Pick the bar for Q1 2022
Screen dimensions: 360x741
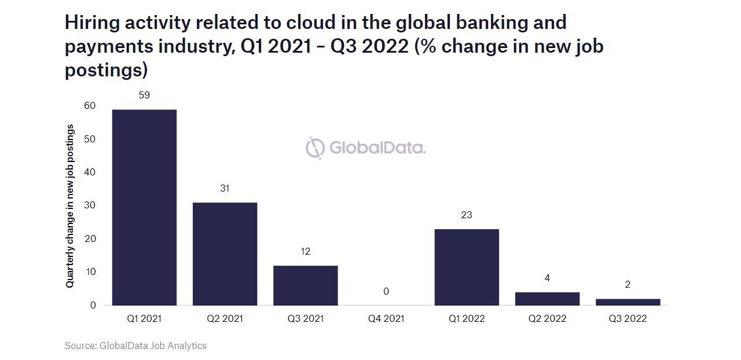(467, 267)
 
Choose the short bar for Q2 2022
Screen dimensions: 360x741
(547, 299)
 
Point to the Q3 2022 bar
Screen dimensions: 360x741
(628, 302)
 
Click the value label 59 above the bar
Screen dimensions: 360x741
(144, 95)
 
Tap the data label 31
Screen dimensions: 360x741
(225, 188)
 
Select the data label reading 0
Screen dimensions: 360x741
(386, 291)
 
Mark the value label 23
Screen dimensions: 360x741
(467, 215)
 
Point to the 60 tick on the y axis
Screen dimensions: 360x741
(89, 106)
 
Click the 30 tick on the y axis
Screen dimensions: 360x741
(89, 205)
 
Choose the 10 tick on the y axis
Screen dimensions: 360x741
(89, 271)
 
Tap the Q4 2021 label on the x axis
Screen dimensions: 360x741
(386, 318)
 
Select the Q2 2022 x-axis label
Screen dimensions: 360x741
(547, 318)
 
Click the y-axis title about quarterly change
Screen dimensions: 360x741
(70, 205)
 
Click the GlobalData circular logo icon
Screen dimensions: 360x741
(316, 148)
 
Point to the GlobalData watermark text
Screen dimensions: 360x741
(377, 148)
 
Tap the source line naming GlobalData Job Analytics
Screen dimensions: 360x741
(135, 346)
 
